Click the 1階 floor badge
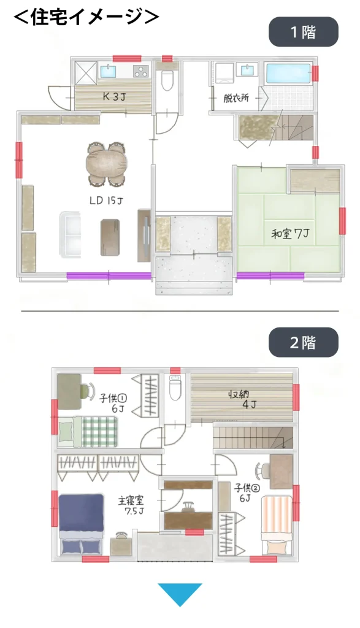pos(303,32)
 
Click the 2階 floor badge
pos(303,342)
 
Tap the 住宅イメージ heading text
pos(86,17)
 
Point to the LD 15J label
pos(105,200)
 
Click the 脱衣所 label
pos(236,98)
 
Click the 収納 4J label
pos(243,399)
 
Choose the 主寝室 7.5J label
pos(131,505)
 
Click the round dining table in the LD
pos(107,164)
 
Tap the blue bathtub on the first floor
pos(288,74)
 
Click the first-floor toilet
pos(167,79)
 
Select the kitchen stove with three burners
pos(140,71)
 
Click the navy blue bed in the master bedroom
pos(82,524)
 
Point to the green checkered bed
pos(88,432)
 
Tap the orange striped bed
pos(277,525)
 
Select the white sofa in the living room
pos(71,234)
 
